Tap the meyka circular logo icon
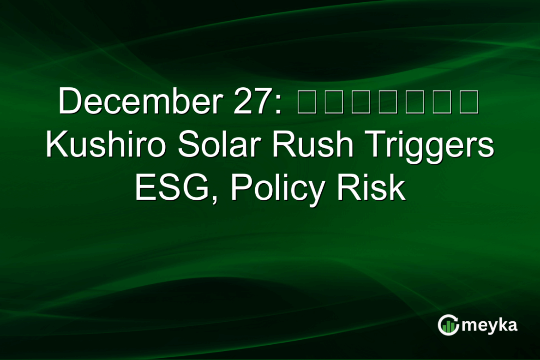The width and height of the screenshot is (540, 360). [x=448, y=325]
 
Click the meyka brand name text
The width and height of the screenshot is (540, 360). [x=489, y=325]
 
